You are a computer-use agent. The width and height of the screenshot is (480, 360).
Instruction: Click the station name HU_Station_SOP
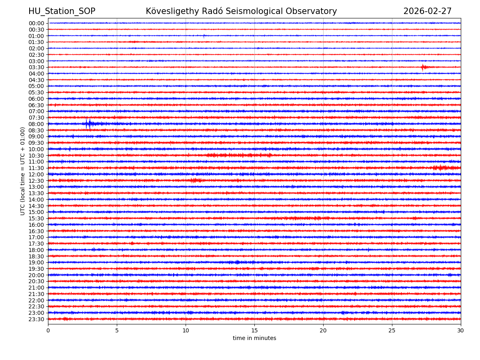pyautogui.click(x=62, y=12)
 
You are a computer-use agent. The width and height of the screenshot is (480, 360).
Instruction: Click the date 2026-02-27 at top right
pyautogui.click(x=427, y=12)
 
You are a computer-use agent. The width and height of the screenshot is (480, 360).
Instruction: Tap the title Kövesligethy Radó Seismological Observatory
pyautogui.click(x=241, y=12)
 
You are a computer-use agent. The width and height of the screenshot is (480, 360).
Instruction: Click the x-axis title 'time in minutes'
pyautogui.click(x=254, y=338)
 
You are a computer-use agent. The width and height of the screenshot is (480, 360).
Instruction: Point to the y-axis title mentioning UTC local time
pyautogui.click(x=23, y=171)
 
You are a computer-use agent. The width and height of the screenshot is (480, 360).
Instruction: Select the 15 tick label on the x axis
pyautogui.click(x=254, y=330)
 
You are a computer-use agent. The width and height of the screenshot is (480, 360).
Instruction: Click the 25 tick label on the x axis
pyautogui.click(x=392, y=330)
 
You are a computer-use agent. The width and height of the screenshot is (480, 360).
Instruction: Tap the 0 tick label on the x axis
pyautogui.click(x=48, y=330)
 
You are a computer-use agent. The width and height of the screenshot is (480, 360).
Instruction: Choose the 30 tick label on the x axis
pyautogui.click(x=461, y=330)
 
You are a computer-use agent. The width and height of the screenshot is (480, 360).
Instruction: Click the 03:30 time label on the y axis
pyautogui.click(x=36, y=67)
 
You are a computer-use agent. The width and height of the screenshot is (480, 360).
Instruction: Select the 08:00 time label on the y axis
pyautogui.click(x=36, y=124)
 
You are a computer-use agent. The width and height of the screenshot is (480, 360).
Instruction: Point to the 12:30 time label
pyautogui.click(x=36, y=181)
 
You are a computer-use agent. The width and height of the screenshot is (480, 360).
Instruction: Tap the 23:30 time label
pyautogui.click(x=36, y=319)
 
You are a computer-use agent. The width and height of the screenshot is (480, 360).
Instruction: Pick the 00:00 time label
pyautogui.click(x=36, y=23)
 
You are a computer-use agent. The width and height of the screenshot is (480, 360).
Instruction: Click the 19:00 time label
pyautogui.click(x=36, y=262)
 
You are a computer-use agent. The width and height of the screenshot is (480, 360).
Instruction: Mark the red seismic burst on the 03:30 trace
pyautogui.click(x=424, y=67)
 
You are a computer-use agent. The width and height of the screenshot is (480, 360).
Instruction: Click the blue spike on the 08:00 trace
pyautogui.click(x=88, y=124)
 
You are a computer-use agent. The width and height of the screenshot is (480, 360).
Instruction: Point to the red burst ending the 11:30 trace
pyautogui.click(x=442, y=168)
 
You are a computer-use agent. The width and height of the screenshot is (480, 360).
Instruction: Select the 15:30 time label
pyautogui.click(x=36, y=218)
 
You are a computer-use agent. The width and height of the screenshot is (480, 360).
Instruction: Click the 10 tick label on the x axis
pyautogui.click(x=186, y=330)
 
